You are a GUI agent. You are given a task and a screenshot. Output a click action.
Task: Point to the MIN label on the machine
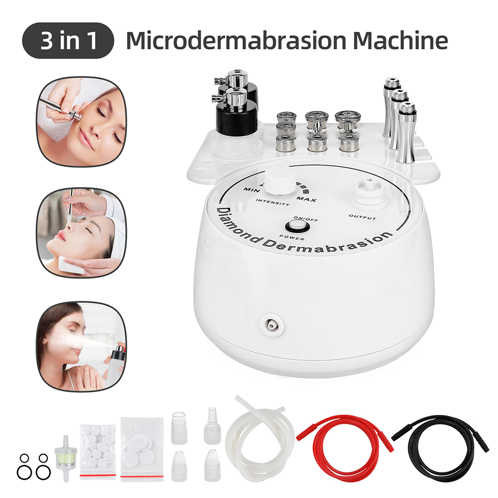pos(250,190)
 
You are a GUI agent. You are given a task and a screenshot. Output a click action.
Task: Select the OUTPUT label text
pos(362,218)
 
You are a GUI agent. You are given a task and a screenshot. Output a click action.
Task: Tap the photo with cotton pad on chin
pos(82,231)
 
